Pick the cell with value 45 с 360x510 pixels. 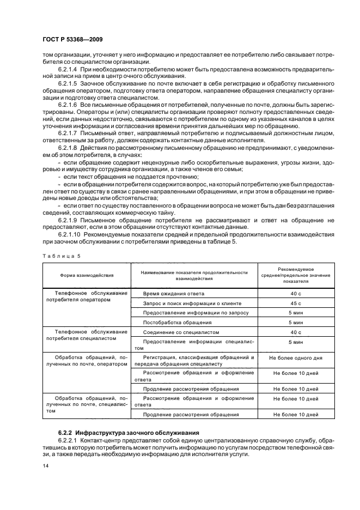pos(295,303)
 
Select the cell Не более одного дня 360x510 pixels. pos(295,359)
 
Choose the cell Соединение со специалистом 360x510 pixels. pos(180,332)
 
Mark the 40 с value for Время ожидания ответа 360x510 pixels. pos(295,293)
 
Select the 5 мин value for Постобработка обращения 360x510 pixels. pos(295,322)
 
